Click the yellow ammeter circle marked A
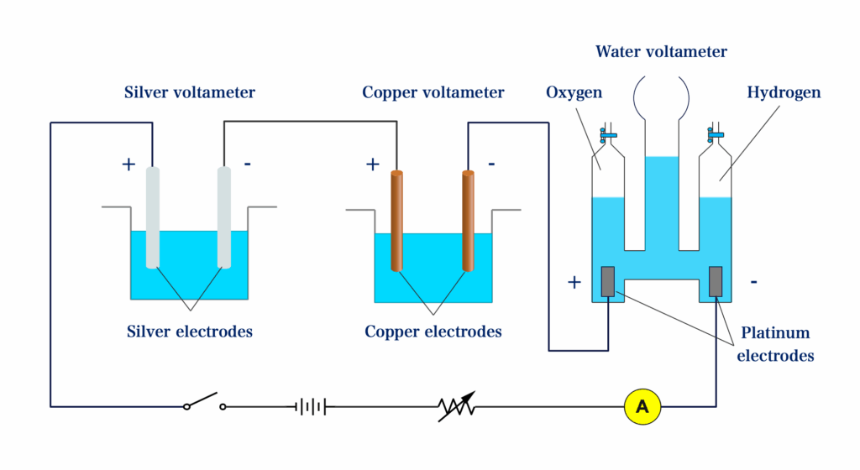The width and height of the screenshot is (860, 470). [642, 407]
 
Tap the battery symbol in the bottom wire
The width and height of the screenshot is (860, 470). [310, 407]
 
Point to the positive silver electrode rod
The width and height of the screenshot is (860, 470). [152, 217]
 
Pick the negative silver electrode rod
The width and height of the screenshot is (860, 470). [224, 217]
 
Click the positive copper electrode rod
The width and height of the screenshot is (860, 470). [396, 221]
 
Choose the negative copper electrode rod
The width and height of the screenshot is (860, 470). [468, 221]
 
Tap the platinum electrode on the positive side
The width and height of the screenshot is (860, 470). [609, 281]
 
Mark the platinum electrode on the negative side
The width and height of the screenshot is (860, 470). [716, 281]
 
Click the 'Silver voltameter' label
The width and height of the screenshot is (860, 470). [190, 92]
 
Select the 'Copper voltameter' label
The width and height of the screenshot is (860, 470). [433, 92]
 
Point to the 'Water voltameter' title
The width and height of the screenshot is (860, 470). [661, 52]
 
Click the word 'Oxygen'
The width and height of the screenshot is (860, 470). [574, 92]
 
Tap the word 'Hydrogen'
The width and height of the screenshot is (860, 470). [784, 92]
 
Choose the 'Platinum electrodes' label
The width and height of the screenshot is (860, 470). [774, 344]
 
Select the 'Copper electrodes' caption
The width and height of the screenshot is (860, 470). [433, 332]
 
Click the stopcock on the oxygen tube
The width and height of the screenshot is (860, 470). [607, 133]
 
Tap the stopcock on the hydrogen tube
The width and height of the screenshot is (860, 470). [715, 133]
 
